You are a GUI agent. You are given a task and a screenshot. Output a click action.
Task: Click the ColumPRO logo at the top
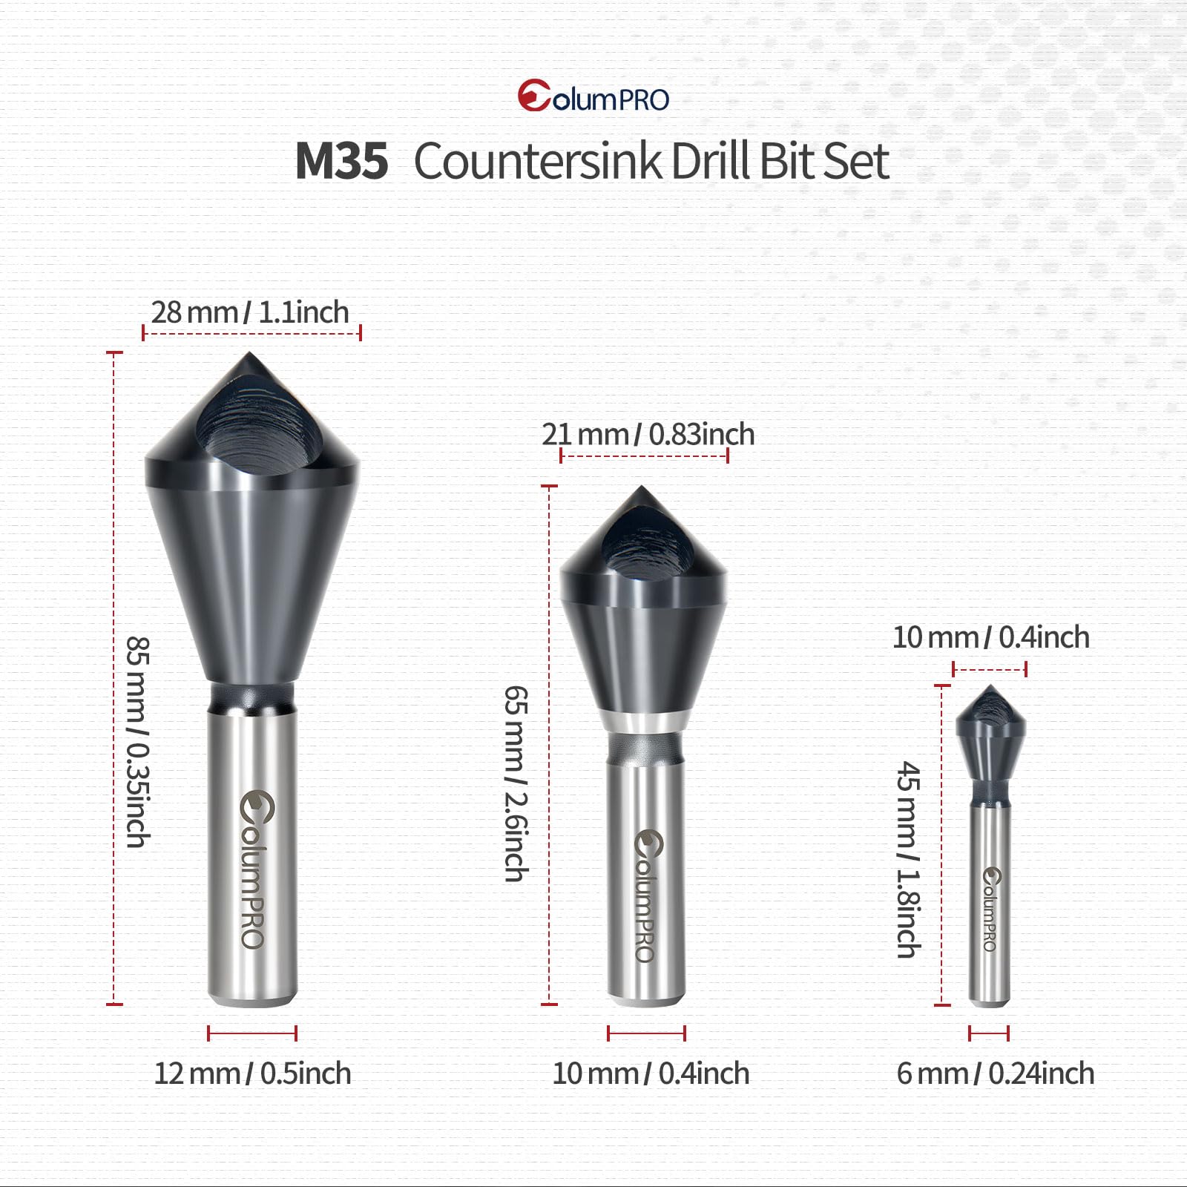[593, 96]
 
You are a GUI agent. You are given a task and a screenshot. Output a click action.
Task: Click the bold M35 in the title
[341, 161]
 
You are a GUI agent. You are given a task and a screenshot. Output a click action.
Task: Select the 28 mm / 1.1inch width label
[250, 312]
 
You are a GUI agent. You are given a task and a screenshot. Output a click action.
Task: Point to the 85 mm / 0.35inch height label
[138, 741]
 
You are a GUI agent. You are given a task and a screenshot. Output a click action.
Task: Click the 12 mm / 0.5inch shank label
[252, 1073]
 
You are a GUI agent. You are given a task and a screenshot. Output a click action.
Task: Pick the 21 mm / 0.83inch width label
[648, 435]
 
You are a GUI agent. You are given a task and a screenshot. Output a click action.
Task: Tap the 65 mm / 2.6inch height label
[516, 783]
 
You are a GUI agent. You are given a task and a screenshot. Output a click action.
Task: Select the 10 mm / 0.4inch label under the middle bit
[651, 1073]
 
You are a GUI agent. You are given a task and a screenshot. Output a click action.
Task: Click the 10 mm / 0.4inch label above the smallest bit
[990, 637]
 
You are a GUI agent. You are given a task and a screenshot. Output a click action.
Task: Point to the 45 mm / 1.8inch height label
[909, 859]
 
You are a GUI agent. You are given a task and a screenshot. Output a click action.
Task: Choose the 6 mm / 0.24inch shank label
[996, 1073]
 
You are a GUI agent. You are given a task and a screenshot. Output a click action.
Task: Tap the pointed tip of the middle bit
[642, 489]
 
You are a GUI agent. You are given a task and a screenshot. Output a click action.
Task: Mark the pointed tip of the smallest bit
[990, 688]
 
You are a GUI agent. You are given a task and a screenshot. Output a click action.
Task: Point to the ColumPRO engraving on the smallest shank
[990, 910]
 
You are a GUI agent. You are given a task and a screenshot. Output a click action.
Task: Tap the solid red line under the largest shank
[252, 1033]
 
